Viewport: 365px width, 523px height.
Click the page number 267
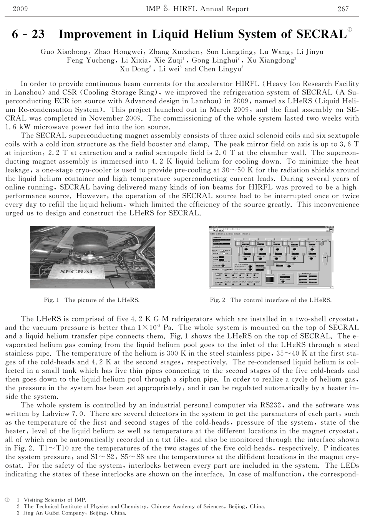click(x=343, y=9)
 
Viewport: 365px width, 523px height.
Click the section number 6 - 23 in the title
click(x=28, y=35)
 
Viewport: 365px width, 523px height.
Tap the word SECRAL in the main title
click(x=322, y=35)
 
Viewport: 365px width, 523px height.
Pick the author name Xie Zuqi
click(x=169, y=60)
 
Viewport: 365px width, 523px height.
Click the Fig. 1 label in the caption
click(x=51, y=300)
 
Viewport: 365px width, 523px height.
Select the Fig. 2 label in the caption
click(x=217, y=300)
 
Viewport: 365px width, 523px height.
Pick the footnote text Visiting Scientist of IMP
click(x=55, y=500)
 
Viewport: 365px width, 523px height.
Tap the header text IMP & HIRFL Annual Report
click(x=197, y=9)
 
